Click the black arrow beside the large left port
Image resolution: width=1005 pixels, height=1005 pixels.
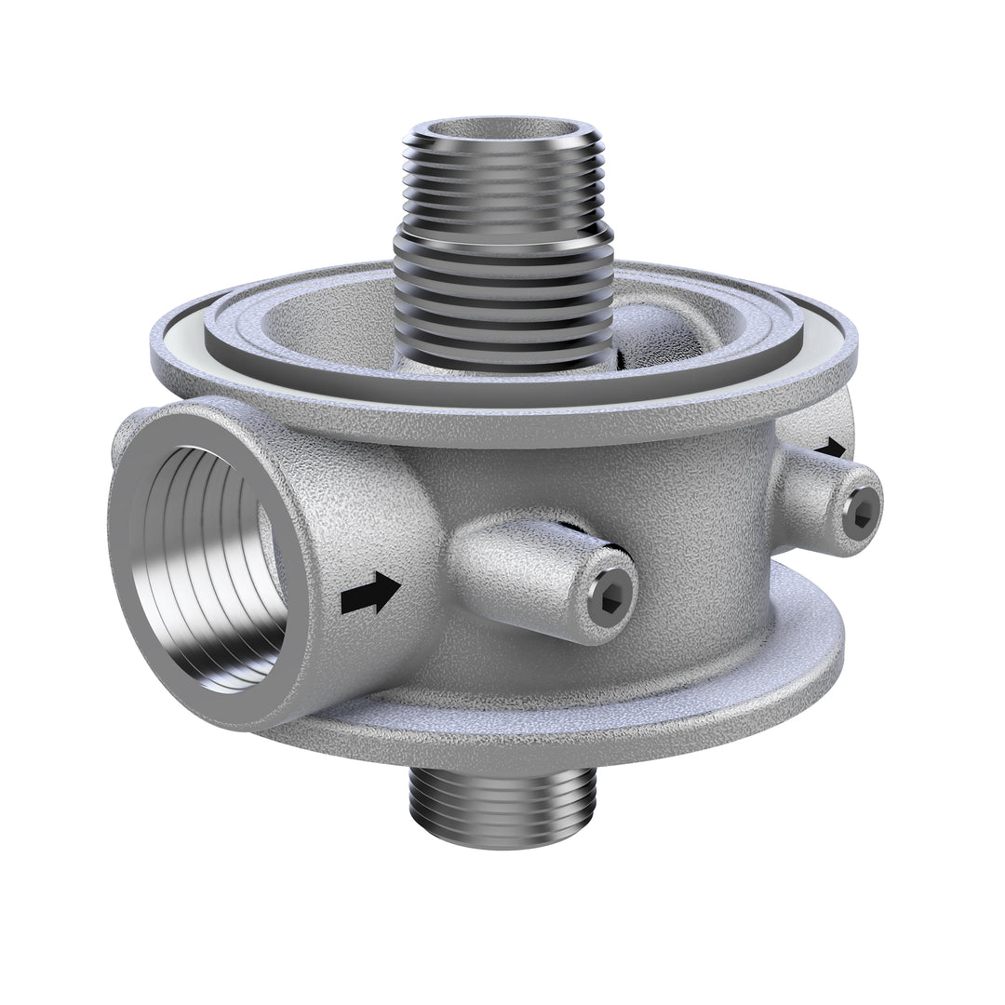(x=370, y=593)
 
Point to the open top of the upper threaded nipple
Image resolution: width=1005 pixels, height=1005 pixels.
(x=502, y=130)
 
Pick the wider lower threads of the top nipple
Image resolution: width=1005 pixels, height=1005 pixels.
(x=502, y=298)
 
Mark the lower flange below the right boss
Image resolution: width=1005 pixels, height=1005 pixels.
(x=800, y=633)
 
